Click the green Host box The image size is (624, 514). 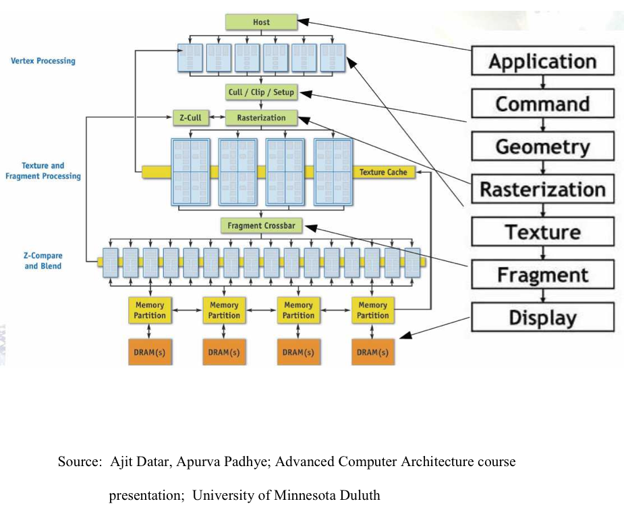(x=261, y=22)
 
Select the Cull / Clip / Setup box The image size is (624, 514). (x=261, y=92)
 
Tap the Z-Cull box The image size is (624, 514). (x=190, y=118)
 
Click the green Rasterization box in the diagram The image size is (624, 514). (x=261, y=118)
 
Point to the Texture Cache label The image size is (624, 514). (x=382, y=172)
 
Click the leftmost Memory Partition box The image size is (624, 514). (x=149, y=310)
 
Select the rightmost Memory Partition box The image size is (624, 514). (x=372, y=310)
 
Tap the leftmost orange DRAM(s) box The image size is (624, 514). (x=149, y=352)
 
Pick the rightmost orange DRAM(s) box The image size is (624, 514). (x=372, y=352)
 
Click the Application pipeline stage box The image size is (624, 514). (x=542, y=61)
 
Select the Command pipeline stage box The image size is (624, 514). (x=542, y=104)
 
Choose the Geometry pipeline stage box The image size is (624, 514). (x=542, y=146)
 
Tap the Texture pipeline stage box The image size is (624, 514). (x=542, y=232)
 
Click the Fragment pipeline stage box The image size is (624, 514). (x=542, y=275)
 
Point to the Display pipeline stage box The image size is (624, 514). (x=542, y=317)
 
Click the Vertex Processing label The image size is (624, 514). (x=43, y=61)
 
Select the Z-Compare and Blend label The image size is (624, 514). (x=43, y=261)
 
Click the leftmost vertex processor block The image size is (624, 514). (x=190, y=58)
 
